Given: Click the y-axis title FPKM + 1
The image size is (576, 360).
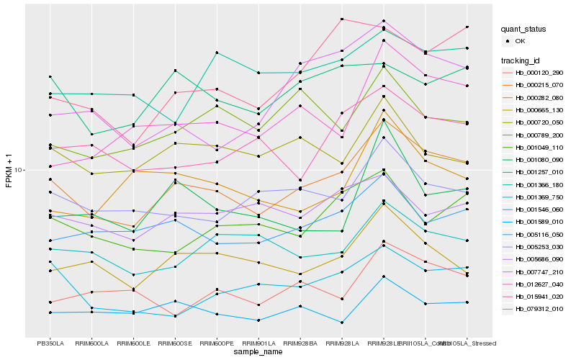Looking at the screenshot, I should (x=9, y=171).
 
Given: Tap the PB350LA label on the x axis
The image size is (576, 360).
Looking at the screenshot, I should (x=50, y=343).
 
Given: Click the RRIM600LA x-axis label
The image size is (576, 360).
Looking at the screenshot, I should (x=92, y=343).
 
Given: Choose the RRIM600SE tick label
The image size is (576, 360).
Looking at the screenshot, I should (x=175, y=343).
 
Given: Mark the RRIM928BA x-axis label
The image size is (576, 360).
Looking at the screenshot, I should (x=300, y=343).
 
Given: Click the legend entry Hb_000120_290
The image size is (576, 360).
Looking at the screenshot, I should (x=536, y=73).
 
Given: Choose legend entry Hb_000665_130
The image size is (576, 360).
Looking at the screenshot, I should (x=536, y=110).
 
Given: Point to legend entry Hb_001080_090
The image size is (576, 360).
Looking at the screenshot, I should (x=536, y=160).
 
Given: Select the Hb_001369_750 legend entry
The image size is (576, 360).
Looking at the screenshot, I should (x=536, y=197).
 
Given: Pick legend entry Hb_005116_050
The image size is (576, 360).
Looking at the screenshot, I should (x=536, y=234).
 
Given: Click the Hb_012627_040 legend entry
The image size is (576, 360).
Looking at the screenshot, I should (x=536, y=284).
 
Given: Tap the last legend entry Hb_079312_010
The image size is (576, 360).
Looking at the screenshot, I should (x=536, y=309).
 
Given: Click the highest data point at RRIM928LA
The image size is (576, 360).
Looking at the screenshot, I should (x=341, y=19).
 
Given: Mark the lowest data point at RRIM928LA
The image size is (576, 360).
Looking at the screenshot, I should (x=341, y=323).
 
